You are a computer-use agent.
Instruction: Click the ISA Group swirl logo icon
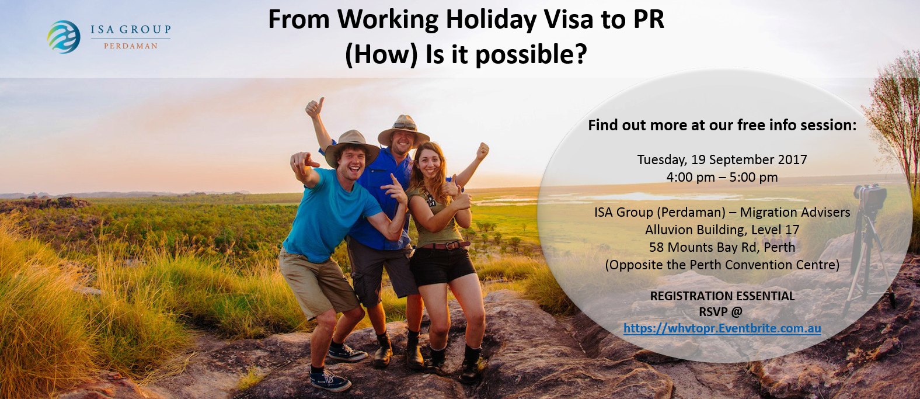tap(64, 37)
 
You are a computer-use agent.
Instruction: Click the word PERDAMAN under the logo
tap(131, 46)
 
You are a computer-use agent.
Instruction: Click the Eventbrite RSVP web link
tap(722, 328)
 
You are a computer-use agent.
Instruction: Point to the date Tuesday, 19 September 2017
tap(722, 160)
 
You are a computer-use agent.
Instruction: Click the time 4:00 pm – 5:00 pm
tap(722, 178)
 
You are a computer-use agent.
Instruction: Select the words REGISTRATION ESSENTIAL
tap(722, 296)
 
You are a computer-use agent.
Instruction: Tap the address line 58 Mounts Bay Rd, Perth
tap(722, 247)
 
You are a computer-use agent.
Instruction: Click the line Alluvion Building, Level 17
tap(722, 230)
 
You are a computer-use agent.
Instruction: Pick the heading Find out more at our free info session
tap(722, 126)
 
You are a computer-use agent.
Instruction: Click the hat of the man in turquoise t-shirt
tap(351, 146)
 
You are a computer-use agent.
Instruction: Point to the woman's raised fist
tap(482, 151)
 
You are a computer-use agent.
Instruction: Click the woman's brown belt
tap(445, 245)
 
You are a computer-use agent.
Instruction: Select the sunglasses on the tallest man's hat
tap(405, 126)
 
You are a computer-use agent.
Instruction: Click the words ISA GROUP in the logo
tap(131, 30)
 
